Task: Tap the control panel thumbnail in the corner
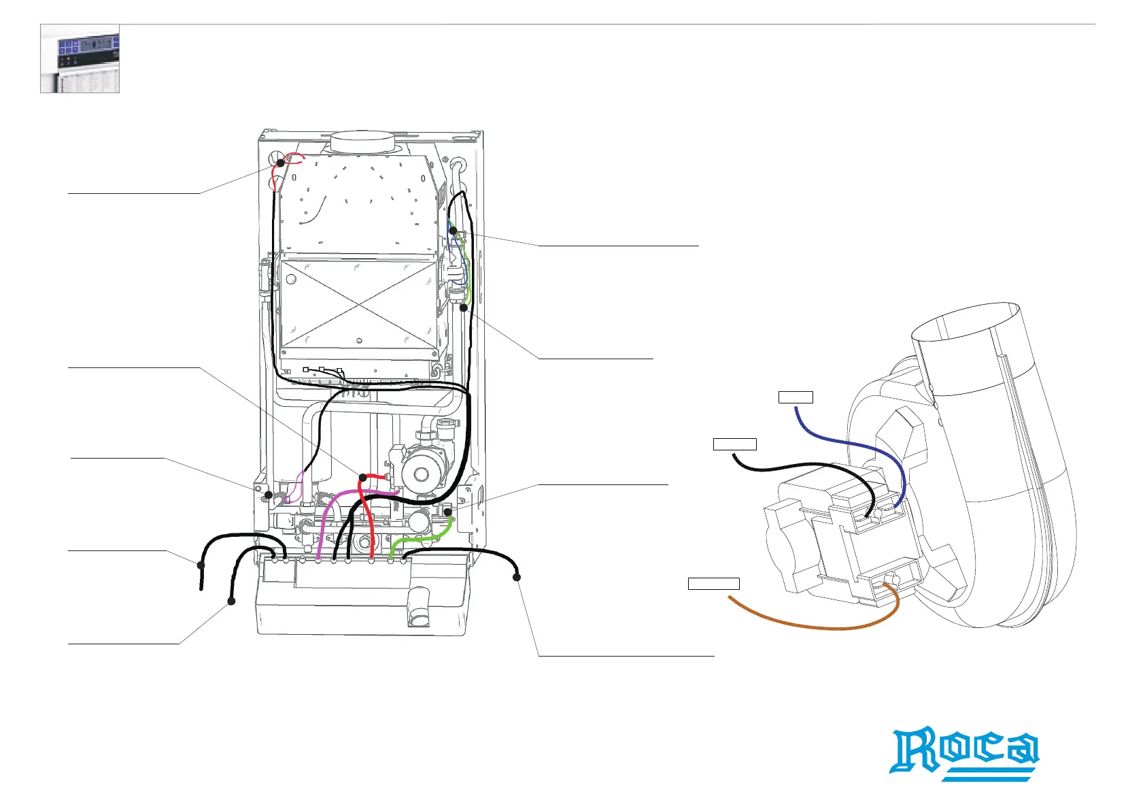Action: click(80, 59)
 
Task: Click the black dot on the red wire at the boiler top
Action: click(280, 163)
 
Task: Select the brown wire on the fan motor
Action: click(816, 625)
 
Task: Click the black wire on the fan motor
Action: click(802, 467)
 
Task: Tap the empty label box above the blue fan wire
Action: click(796, 397)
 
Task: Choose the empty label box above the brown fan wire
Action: click(713, 583)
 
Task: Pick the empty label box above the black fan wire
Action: click(734, 444)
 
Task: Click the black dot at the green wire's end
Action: click(448, 511)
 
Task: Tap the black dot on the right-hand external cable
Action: click(517, 578)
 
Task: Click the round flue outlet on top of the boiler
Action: click(362, 142)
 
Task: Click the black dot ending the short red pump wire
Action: click(363, 478)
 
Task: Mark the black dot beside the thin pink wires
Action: click(269, 495)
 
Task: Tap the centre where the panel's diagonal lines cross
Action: click(358, 303)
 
